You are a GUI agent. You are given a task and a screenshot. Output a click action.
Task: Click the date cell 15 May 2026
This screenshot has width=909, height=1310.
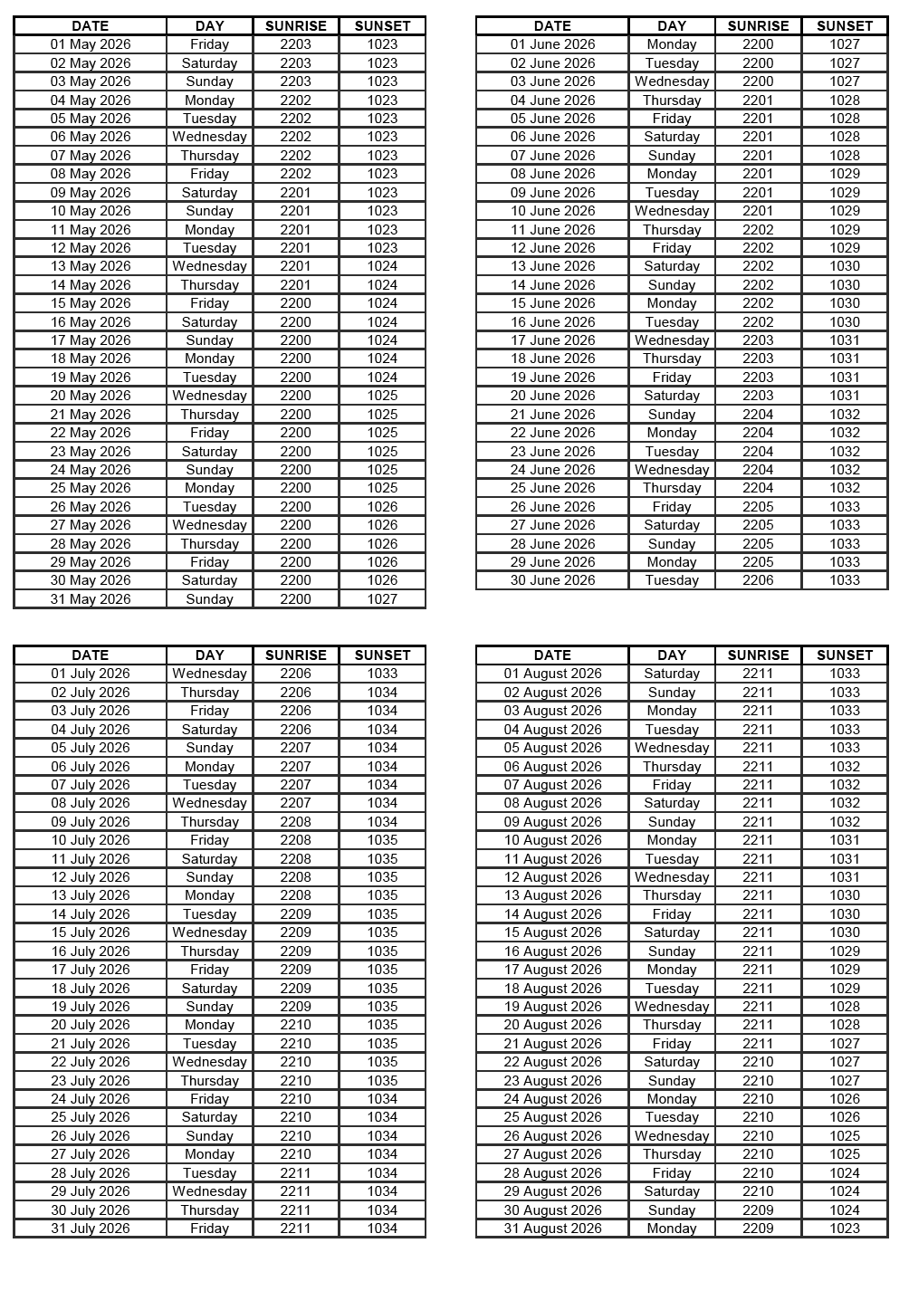(x=91, y=303)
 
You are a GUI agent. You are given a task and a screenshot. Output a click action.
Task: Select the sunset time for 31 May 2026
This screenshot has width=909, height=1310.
(x=382, y=598)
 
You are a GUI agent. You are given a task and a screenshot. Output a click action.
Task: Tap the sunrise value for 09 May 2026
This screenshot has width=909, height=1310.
(x=295, y=192)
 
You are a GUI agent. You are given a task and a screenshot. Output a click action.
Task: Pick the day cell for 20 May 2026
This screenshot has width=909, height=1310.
(x=209, y=396)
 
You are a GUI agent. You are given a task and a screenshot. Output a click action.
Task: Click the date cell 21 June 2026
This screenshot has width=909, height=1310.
(x=552, y=414)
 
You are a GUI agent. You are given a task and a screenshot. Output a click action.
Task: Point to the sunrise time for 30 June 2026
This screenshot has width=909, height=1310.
(x=758, y=580)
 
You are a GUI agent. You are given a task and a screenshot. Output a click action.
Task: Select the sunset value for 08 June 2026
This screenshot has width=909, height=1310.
(x=844, y=174)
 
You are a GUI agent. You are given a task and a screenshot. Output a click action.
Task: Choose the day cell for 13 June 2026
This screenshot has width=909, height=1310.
(x=672, y=266)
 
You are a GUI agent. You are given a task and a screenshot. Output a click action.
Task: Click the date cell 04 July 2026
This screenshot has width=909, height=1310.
(x=91, y=729)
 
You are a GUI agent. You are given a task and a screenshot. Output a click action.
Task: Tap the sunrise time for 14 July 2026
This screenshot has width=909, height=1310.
(x=295, y=913)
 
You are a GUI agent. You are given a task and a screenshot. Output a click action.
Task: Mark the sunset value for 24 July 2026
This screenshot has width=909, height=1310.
(x=382, y=1098)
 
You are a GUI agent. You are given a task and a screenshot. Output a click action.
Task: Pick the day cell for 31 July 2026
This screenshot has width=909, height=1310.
(x=209, y=1228)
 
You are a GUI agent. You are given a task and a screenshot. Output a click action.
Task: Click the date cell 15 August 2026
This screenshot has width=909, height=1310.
(x=552, y=932)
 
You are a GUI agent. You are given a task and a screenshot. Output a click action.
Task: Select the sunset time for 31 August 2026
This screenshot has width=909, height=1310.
(x=844, y=1228)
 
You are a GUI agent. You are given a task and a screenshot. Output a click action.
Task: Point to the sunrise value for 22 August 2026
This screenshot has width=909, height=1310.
(x=758, y=1061)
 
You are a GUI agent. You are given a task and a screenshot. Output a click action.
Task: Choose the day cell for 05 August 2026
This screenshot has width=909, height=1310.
(x=672, y=748)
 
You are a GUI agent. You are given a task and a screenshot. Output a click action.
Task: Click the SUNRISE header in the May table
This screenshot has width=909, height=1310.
(x=295, y=25)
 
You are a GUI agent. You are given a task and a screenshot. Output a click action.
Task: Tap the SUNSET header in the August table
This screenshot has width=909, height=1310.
(x=844, y=655)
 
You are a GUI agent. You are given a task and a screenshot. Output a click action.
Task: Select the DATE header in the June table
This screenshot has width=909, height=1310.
(x=552, y=25)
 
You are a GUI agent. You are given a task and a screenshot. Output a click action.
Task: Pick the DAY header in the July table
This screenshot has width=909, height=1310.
(x=209, y=655)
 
